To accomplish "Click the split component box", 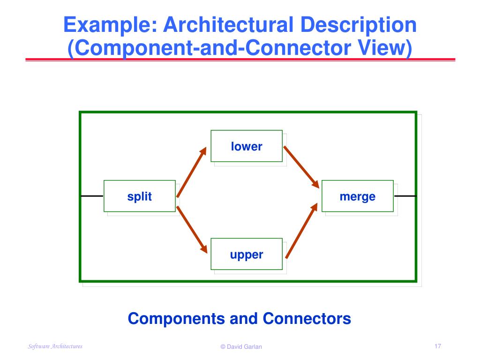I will tap(140, 196).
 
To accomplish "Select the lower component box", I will tap(247, 146).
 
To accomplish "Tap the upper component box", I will tap(247, 254).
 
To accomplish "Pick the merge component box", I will tap(357, 196).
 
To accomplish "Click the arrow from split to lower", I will tap(191, 172).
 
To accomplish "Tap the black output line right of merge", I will tap(405, 195).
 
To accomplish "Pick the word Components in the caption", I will tap(177, 319).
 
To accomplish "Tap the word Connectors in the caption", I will tap(307, 319).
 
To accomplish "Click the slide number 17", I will tap(438, 346).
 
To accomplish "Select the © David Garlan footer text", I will tap(241, 347).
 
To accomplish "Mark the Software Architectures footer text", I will tap(55, 346).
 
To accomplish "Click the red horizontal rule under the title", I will tap(240, 60).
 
